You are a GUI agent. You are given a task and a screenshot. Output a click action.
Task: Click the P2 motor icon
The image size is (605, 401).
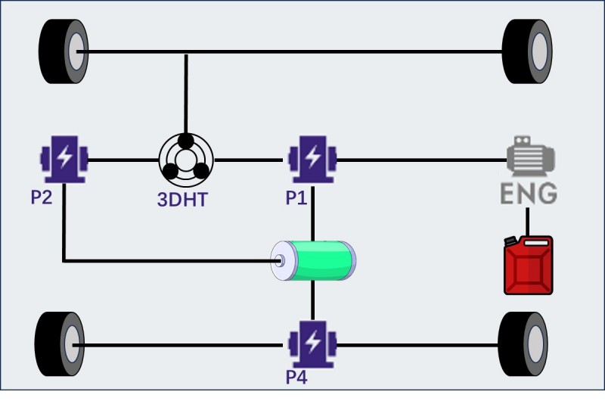click(64, 159)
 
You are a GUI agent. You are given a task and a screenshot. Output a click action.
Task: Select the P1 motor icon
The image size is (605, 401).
click(312, 159)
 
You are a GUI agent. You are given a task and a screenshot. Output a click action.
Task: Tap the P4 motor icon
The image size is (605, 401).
click(312, 344)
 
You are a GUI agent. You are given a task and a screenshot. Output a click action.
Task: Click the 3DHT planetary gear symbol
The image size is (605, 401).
click(186, 160)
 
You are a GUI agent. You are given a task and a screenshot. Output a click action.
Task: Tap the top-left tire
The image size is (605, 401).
click(64, 51)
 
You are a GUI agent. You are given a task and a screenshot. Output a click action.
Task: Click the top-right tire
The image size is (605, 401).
click(526, 51)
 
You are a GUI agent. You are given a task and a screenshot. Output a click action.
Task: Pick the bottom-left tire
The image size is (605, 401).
click(60, 344)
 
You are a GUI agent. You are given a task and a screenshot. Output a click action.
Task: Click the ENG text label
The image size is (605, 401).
click(529, 193)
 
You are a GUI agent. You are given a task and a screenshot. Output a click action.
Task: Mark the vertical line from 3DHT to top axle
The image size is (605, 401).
click(186, 91)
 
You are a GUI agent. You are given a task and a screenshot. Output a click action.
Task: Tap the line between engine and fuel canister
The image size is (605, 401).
click(529, 221)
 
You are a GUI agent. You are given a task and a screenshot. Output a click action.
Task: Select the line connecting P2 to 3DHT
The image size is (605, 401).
click(123, 160)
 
